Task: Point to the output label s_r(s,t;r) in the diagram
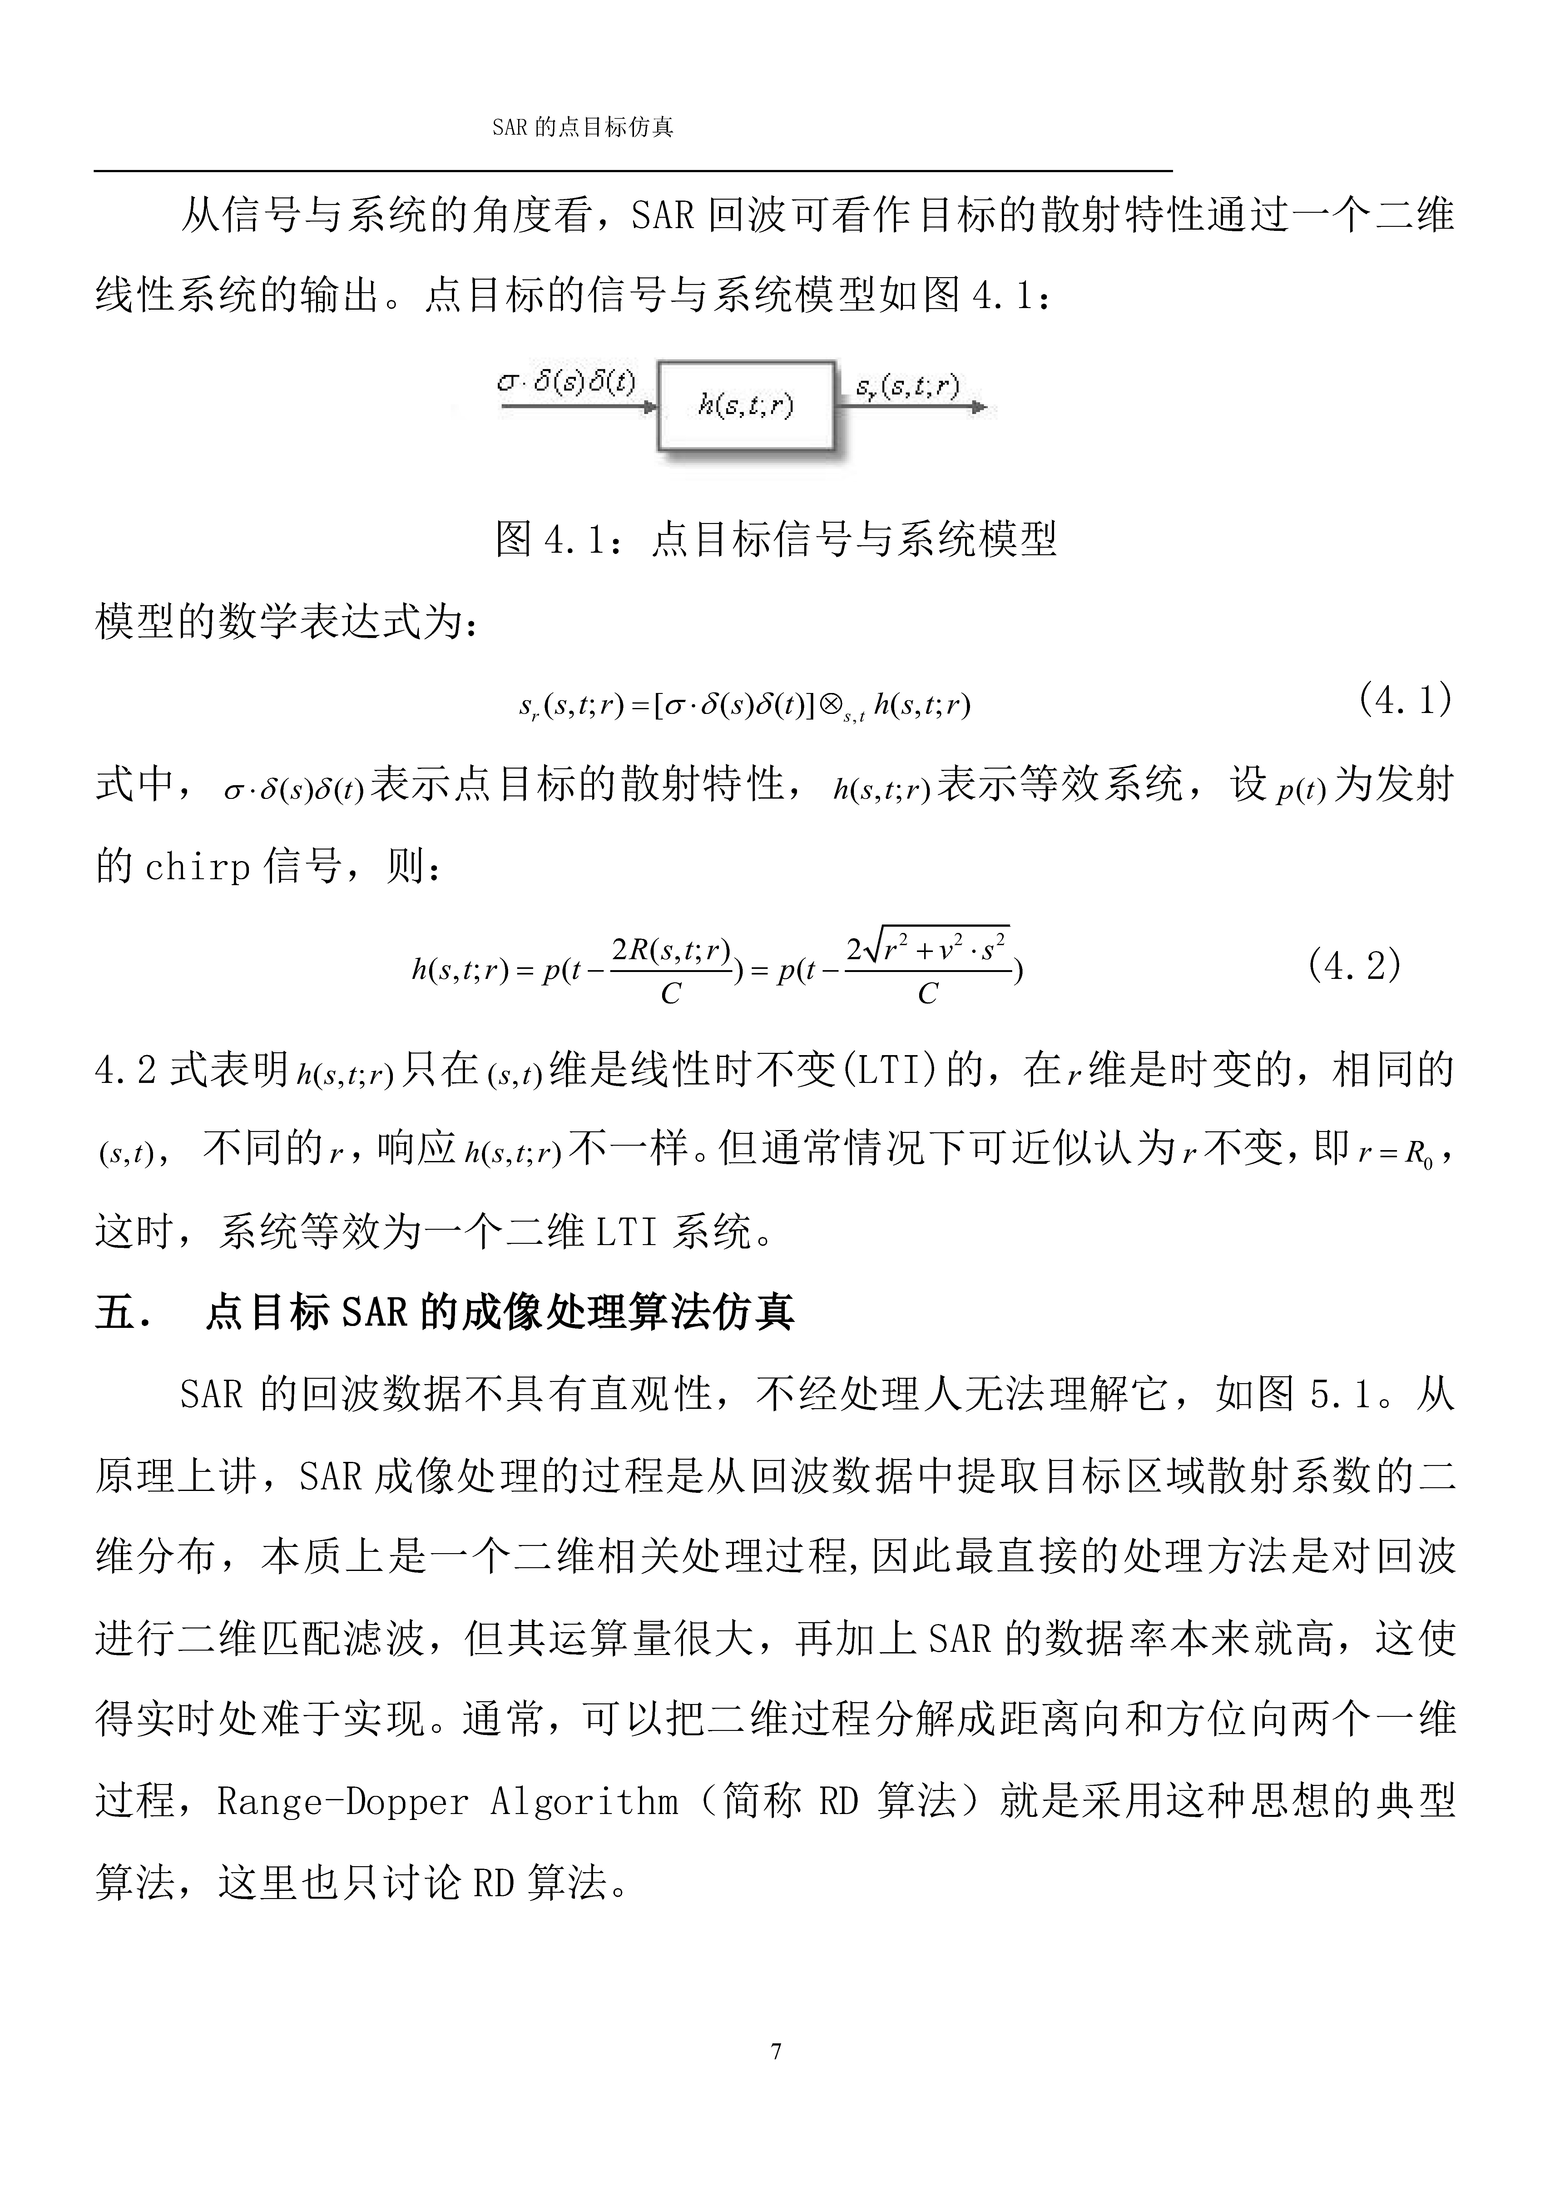coord(907,386)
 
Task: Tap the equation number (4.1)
coord(1404,700)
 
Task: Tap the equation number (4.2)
coord(1354,966)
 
